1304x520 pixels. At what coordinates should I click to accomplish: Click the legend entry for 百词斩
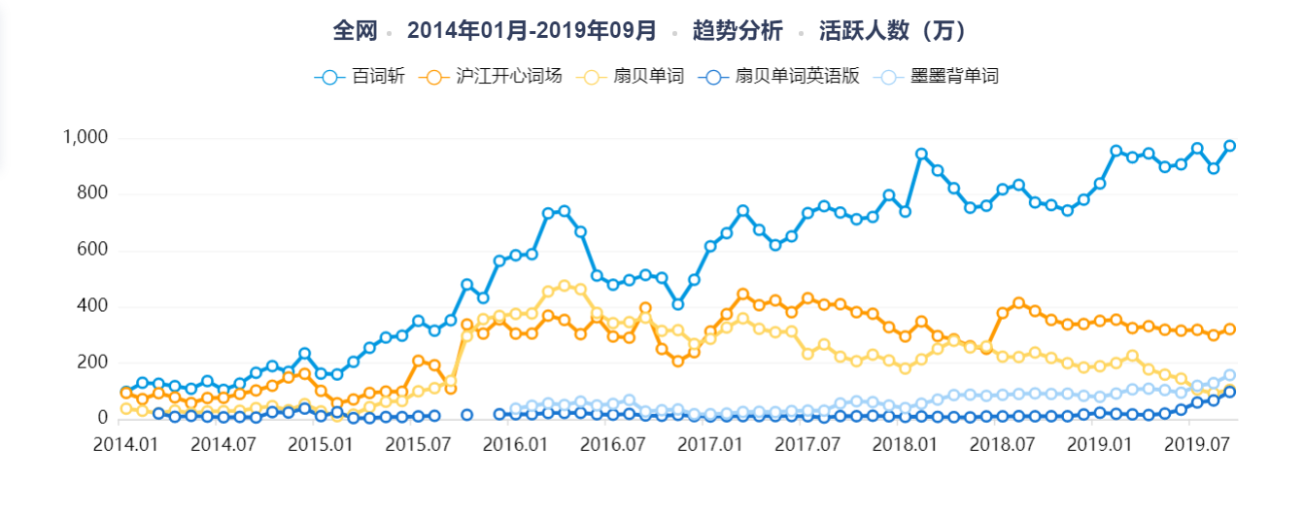[x=360, y=77]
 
